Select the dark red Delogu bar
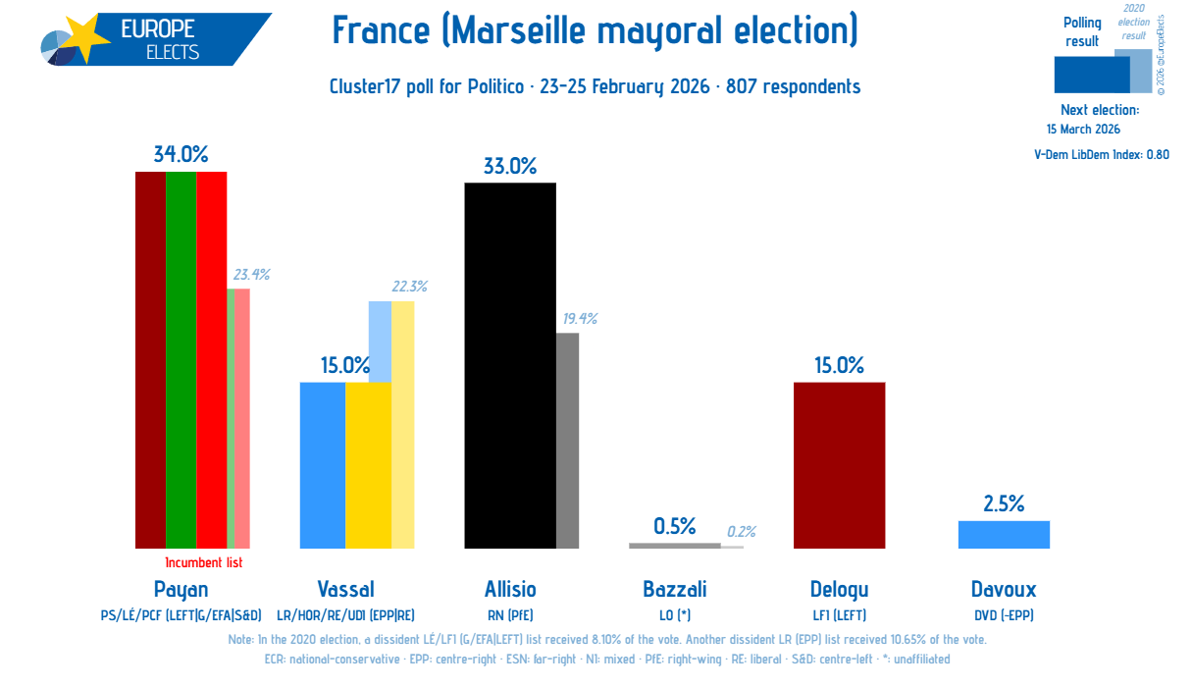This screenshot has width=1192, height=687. pos(839,465)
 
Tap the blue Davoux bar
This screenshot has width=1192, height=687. pos(1004,535)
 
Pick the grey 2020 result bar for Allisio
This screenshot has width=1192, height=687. pos(567,441)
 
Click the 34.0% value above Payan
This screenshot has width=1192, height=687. pos(181,154)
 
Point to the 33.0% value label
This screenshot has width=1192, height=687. pos(510,166)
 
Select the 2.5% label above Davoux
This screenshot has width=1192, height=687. pos(1004,503)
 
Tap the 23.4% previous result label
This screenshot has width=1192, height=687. pos(251,275)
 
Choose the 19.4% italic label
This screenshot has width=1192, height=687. pos(579,318)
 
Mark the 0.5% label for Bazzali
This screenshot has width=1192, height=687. pos(674,526)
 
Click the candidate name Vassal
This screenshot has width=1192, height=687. pos(345,589)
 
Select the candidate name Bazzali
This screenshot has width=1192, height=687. pos(675,589)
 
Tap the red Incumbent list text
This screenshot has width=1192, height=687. pos(203,562)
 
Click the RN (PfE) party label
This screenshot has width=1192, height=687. pos(510,615)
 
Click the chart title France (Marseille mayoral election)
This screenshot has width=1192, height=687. pos(595,31)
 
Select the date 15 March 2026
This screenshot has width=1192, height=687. pos(1083,129)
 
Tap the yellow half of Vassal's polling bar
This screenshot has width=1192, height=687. pos(368,465)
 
